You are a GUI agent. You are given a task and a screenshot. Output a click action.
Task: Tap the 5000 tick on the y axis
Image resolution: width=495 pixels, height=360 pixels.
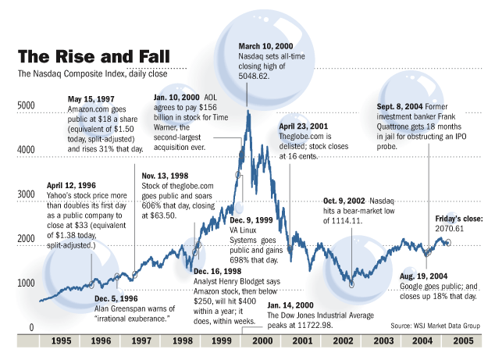[x=26, y=104]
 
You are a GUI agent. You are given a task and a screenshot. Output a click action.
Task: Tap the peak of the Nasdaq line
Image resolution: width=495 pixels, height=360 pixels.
[x=247, y=111]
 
